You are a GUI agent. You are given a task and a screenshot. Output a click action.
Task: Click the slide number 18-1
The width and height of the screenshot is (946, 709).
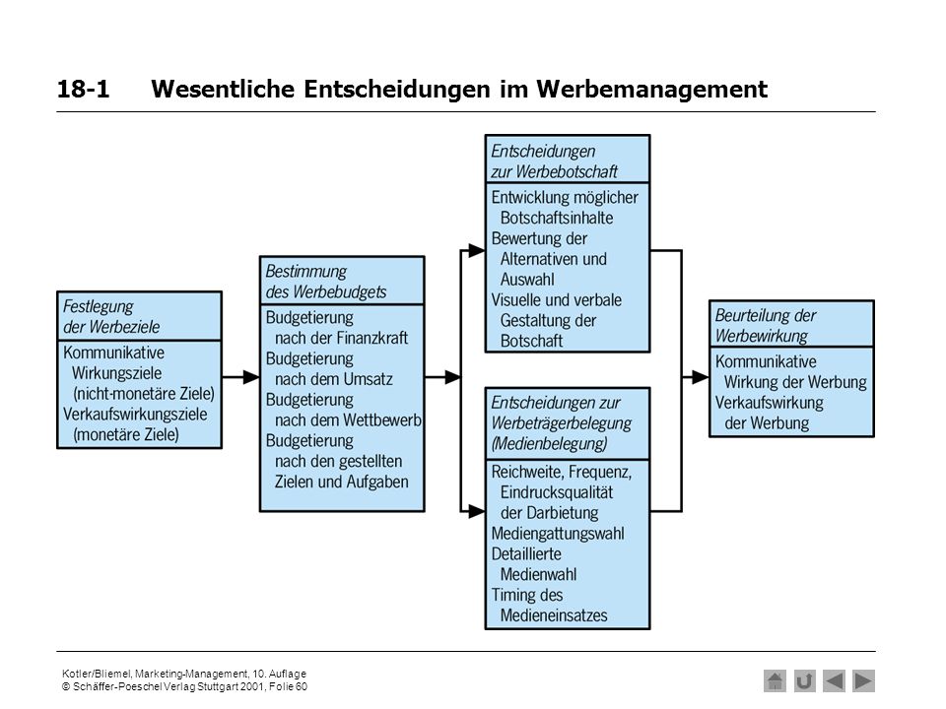click(x=83, y=89)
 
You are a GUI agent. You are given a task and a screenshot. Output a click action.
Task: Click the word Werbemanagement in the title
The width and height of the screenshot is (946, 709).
click(x=652, y=90)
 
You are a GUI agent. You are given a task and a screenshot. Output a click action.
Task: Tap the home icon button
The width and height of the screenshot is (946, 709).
click(x=775, y=681)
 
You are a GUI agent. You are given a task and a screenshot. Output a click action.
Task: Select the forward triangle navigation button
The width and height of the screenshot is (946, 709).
click(x=863, y=681)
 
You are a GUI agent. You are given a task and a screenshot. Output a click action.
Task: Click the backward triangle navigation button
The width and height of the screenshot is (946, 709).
click(x=834, y=681)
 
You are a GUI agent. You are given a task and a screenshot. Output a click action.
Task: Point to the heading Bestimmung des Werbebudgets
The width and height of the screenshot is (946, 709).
click(x=326, y=282)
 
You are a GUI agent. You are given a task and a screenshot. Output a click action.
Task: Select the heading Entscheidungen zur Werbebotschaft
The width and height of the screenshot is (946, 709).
click(x=554, y=161)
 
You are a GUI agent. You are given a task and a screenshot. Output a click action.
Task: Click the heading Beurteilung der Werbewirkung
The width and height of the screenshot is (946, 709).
click(x=765, y=326)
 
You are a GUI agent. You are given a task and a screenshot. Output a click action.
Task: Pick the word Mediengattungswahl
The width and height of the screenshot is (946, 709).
click(x=558, y=534)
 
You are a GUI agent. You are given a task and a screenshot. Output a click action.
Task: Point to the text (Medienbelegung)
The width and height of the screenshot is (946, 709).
click(x=549, y=444)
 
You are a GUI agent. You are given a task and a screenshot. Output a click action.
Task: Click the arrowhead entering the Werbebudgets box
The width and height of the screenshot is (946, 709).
click(x=251, y=377)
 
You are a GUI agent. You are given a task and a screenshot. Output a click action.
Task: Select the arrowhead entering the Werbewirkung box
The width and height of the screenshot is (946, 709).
click(x=701, y=377)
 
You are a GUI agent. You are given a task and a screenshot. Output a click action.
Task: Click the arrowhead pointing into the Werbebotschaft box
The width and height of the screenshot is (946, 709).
click(x=477, y=250)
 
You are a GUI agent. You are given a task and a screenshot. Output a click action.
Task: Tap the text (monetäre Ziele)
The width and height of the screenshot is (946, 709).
click(x=125, y=434)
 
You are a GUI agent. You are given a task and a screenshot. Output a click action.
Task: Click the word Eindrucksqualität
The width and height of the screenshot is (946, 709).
click(x=556, y=492)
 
